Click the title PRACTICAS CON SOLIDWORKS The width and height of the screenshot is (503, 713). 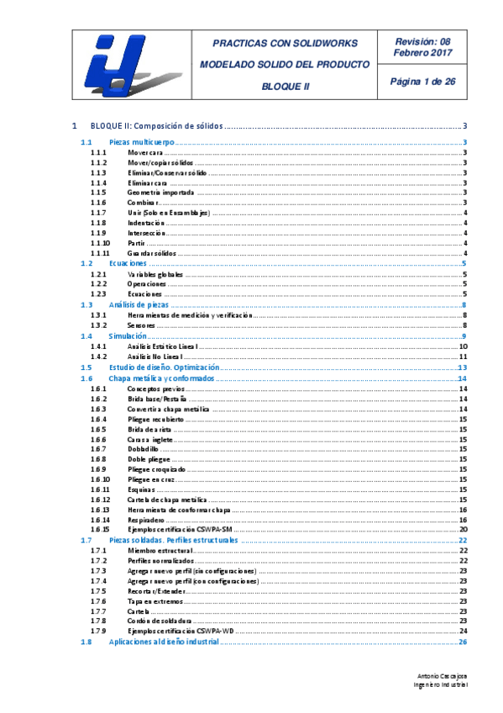[285, 43]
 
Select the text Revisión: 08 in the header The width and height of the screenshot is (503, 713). [422, 40]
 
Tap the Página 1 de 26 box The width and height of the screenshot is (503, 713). [422, 82]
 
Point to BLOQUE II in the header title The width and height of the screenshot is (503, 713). [285, 86]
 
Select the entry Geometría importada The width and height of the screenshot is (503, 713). [160, 193]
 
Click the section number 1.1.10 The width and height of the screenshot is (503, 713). [101, 243]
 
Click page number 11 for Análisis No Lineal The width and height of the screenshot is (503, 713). [463, 356]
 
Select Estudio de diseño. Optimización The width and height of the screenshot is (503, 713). [165, 367]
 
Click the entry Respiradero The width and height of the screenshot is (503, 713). [148, 520]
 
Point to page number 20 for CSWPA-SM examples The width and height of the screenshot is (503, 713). [463, 530]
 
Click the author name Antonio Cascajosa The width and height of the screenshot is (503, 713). [442, 676]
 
